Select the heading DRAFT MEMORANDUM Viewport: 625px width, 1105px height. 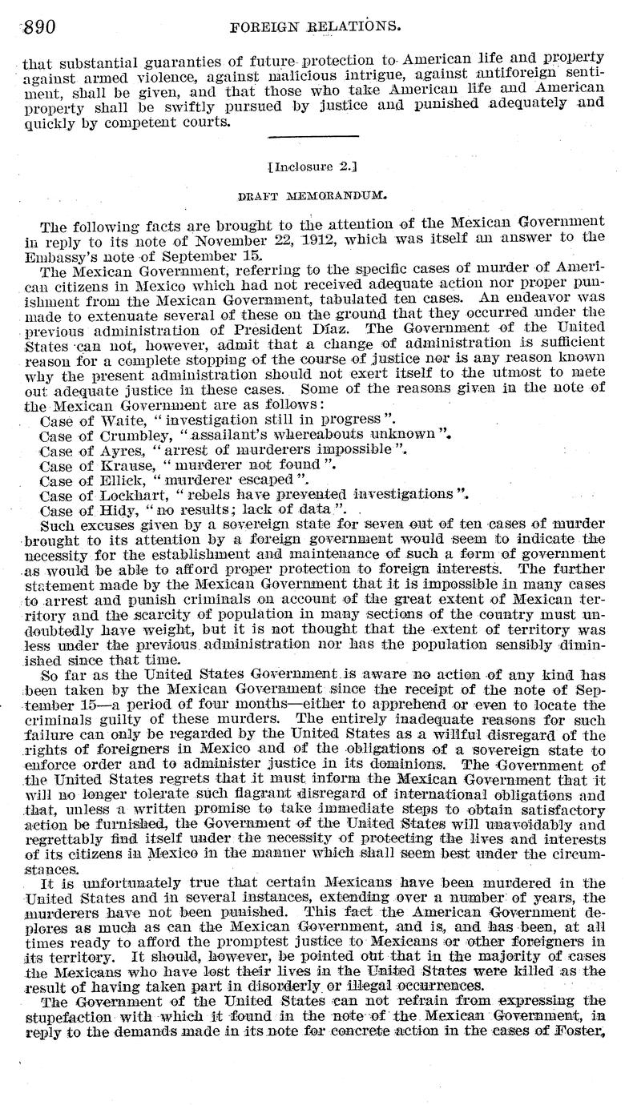click(x=312, y=194)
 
